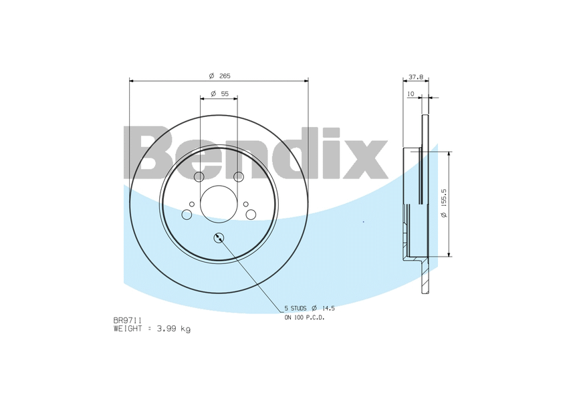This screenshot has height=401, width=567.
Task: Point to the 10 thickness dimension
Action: pos(411,94)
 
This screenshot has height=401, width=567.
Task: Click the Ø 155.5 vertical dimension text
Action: pos(444,203)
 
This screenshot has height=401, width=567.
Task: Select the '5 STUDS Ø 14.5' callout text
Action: pos(309,308)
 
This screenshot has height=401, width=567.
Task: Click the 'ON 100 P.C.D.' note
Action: pos(304,317)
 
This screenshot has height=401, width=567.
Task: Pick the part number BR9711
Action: pos(128,321)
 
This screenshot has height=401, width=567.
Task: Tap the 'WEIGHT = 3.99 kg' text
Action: pos(152,329)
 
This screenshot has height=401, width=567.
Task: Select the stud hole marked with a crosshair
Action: pos(219,238)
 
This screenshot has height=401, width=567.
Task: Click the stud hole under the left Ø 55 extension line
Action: pos(199,177)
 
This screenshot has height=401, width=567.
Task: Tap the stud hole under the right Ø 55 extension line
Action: pos(239,177)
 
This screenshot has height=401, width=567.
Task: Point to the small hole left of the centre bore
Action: pos(192,204)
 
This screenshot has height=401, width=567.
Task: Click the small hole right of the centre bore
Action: pos(245,204)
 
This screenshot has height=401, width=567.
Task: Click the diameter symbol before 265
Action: pos(211,76)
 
